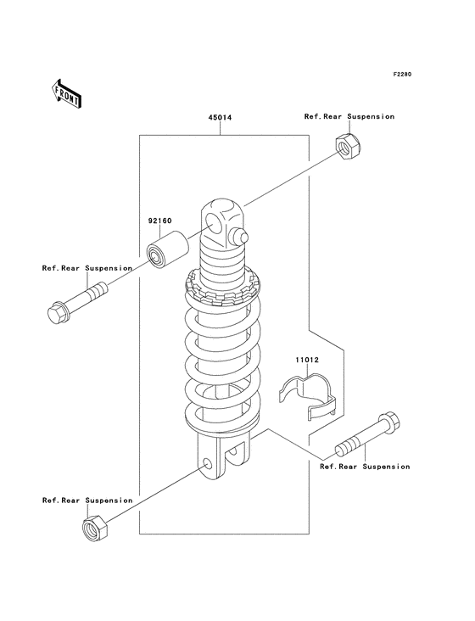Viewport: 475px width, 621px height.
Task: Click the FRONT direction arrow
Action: click(66, 94)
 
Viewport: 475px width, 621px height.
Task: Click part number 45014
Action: click(220, 118)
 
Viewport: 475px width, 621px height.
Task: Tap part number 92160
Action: click(160, 221)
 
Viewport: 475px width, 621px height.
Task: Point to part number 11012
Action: click(307, 360)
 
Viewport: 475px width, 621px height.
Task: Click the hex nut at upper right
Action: click(348, 146)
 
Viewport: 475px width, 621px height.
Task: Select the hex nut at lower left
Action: click(95, 528)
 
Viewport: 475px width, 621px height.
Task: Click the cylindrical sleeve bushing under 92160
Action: click(167, 251)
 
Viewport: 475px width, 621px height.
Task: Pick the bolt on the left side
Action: click(77, 303)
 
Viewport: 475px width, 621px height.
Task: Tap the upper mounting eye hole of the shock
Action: click(214, 223)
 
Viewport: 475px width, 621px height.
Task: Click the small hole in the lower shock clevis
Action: click(207, 464)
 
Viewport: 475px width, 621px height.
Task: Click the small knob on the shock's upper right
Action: click(240, 236)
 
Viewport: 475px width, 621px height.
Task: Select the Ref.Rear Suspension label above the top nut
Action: click(349, 116)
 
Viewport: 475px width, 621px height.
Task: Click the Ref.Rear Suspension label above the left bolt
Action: click(87, 268)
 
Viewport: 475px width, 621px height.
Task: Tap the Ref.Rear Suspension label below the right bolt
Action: click(365, 467)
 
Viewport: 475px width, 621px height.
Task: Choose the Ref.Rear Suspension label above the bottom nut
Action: click(87, 501)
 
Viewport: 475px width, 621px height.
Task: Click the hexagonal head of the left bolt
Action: click(58, 314)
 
